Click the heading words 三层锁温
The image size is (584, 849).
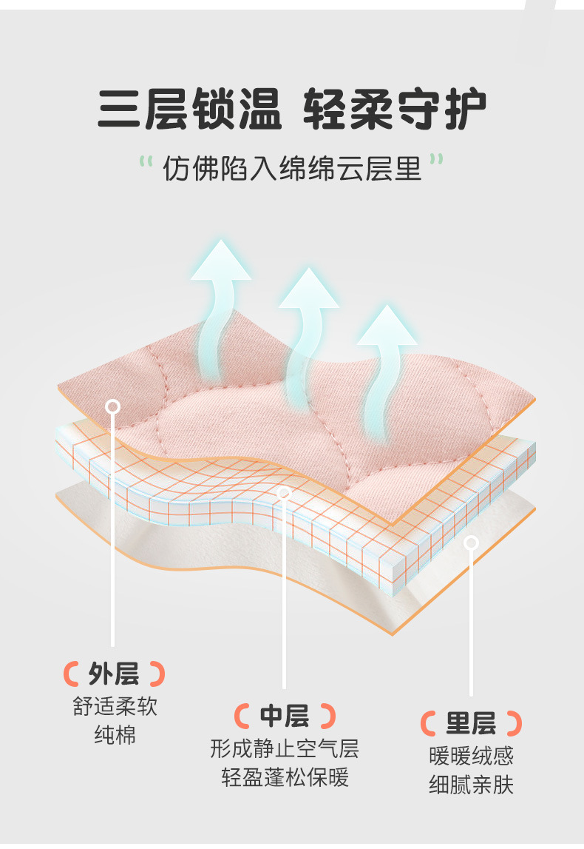189,110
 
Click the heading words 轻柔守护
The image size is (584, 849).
395,110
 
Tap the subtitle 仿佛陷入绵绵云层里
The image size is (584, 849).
292,169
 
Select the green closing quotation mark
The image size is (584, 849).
437,161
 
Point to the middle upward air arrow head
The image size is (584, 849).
308,289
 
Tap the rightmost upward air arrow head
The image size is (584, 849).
387,326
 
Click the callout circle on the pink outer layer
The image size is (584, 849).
113,406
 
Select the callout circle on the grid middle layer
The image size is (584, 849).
284,492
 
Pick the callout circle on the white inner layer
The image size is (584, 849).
471,543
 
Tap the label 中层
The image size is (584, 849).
285,716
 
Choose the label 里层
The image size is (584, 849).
471,723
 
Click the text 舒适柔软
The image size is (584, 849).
115,706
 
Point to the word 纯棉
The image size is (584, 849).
115,735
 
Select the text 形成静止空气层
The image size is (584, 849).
285,748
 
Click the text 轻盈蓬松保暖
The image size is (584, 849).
285,778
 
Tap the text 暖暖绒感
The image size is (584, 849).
471,756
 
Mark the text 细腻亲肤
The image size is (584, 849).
471,785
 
